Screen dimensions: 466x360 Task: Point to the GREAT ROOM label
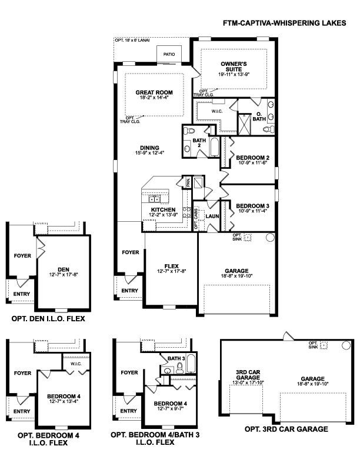[155, 92]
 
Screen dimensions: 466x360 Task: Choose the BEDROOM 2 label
[252, 157]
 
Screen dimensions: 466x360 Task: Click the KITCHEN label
[163, 209]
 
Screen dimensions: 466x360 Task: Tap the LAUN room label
[212, 216]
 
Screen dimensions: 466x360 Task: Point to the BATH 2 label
[198, 144]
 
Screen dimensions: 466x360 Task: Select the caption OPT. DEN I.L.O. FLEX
[48, 319]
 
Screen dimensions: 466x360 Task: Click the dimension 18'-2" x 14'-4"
[154, 98]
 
